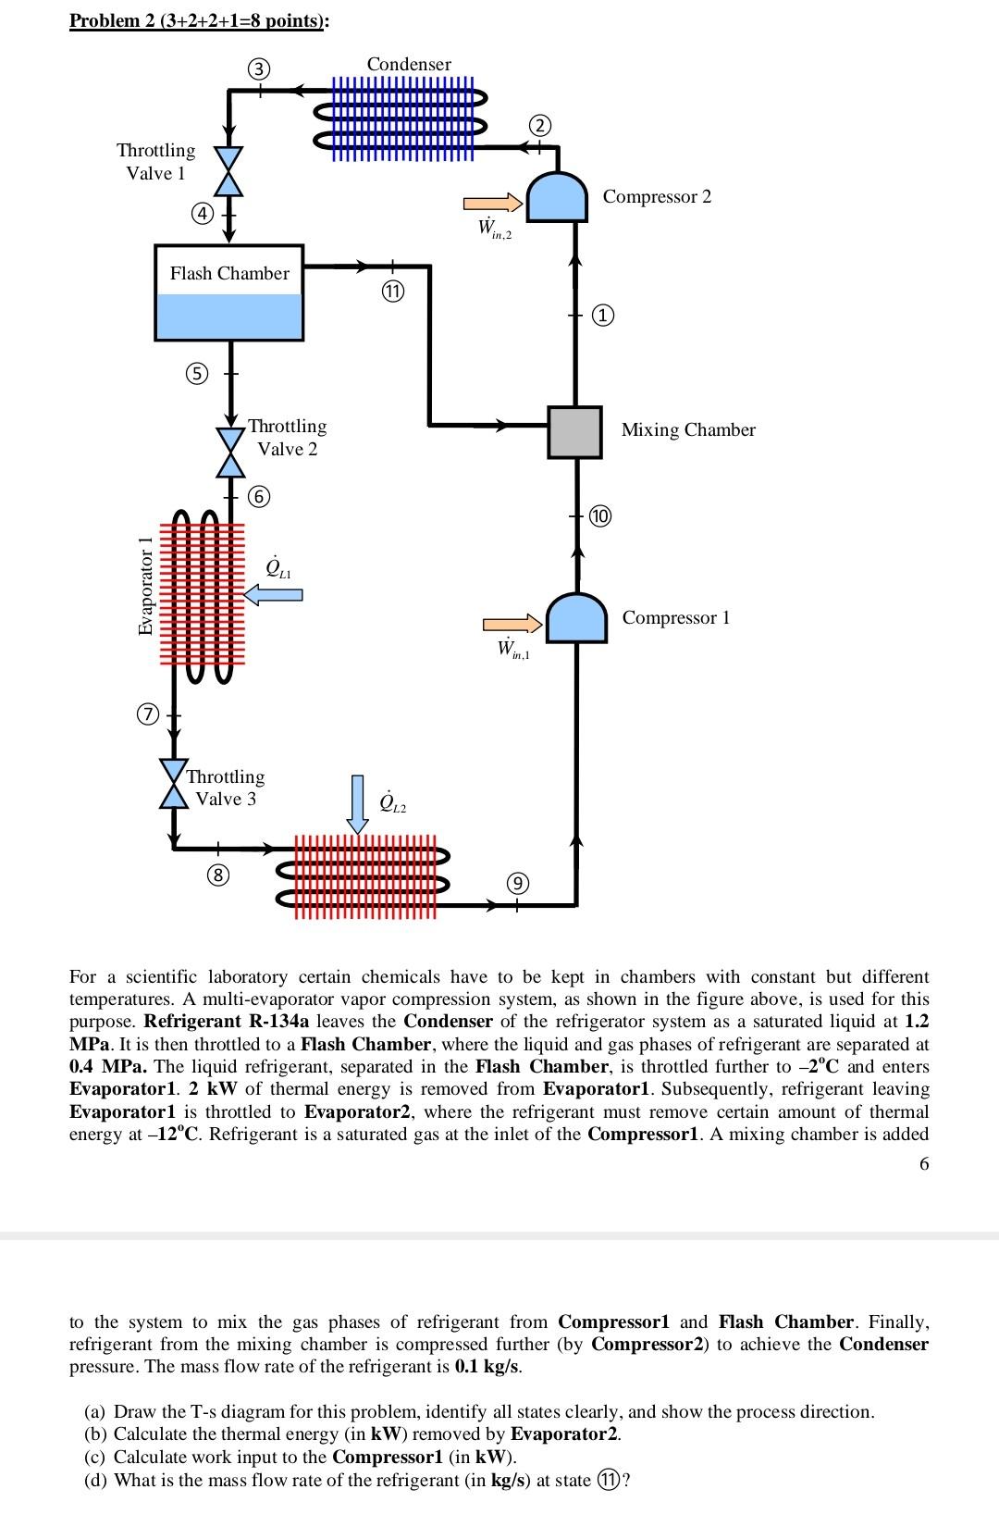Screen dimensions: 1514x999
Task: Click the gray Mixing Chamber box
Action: point(574,432)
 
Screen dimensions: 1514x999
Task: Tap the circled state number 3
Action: point(260,68)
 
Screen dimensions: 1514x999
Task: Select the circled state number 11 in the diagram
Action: point(392,292)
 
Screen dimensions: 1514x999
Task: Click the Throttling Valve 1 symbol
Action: point(228,171)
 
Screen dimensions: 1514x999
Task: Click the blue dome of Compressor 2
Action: point(556,197)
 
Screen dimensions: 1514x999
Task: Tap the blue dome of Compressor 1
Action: point(576,618)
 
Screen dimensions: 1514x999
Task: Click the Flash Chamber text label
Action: point(229,273)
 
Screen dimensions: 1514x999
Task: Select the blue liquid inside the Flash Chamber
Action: point(229,316)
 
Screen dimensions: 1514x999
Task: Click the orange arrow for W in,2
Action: point(493,203)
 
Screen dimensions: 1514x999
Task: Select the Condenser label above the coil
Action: point(409,64)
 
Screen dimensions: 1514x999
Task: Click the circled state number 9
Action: point(517,883)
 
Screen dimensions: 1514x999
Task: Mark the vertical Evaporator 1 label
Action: point(144,586)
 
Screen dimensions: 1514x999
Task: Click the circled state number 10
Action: point(600,516)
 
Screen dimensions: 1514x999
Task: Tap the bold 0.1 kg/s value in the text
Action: point(487,1367)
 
